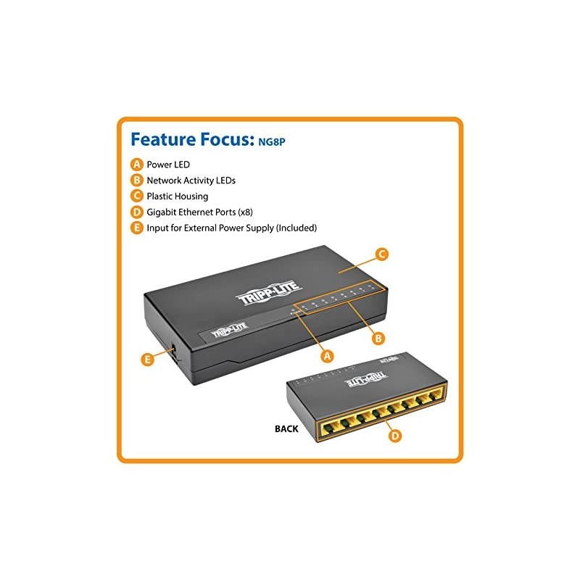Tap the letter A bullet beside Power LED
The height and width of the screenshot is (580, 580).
(x=136, y=164)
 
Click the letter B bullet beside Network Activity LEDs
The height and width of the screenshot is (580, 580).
(x=136, y=180)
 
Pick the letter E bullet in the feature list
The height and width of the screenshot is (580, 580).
(x=136, y=228)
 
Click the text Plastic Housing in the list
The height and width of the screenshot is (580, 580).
(x=177, y=196)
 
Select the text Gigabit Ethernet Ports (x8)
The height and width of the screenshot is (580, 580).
(x=199, y=212)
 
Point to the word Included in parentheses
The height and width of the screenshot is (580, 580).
(x=297, y=228)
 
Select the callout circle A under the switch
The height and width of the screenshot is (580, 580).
(x=326, y=356)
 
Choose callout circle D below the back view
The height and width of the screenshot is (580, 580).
(x=394, y=435)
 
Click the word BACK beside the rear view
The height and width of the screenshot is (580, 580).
(x=286, y=428)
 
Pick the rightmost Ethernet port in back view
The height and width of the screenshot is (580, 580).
(x=437, y=396)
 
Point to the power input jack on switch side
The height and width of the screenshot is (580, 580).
(x=172, y=352)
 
